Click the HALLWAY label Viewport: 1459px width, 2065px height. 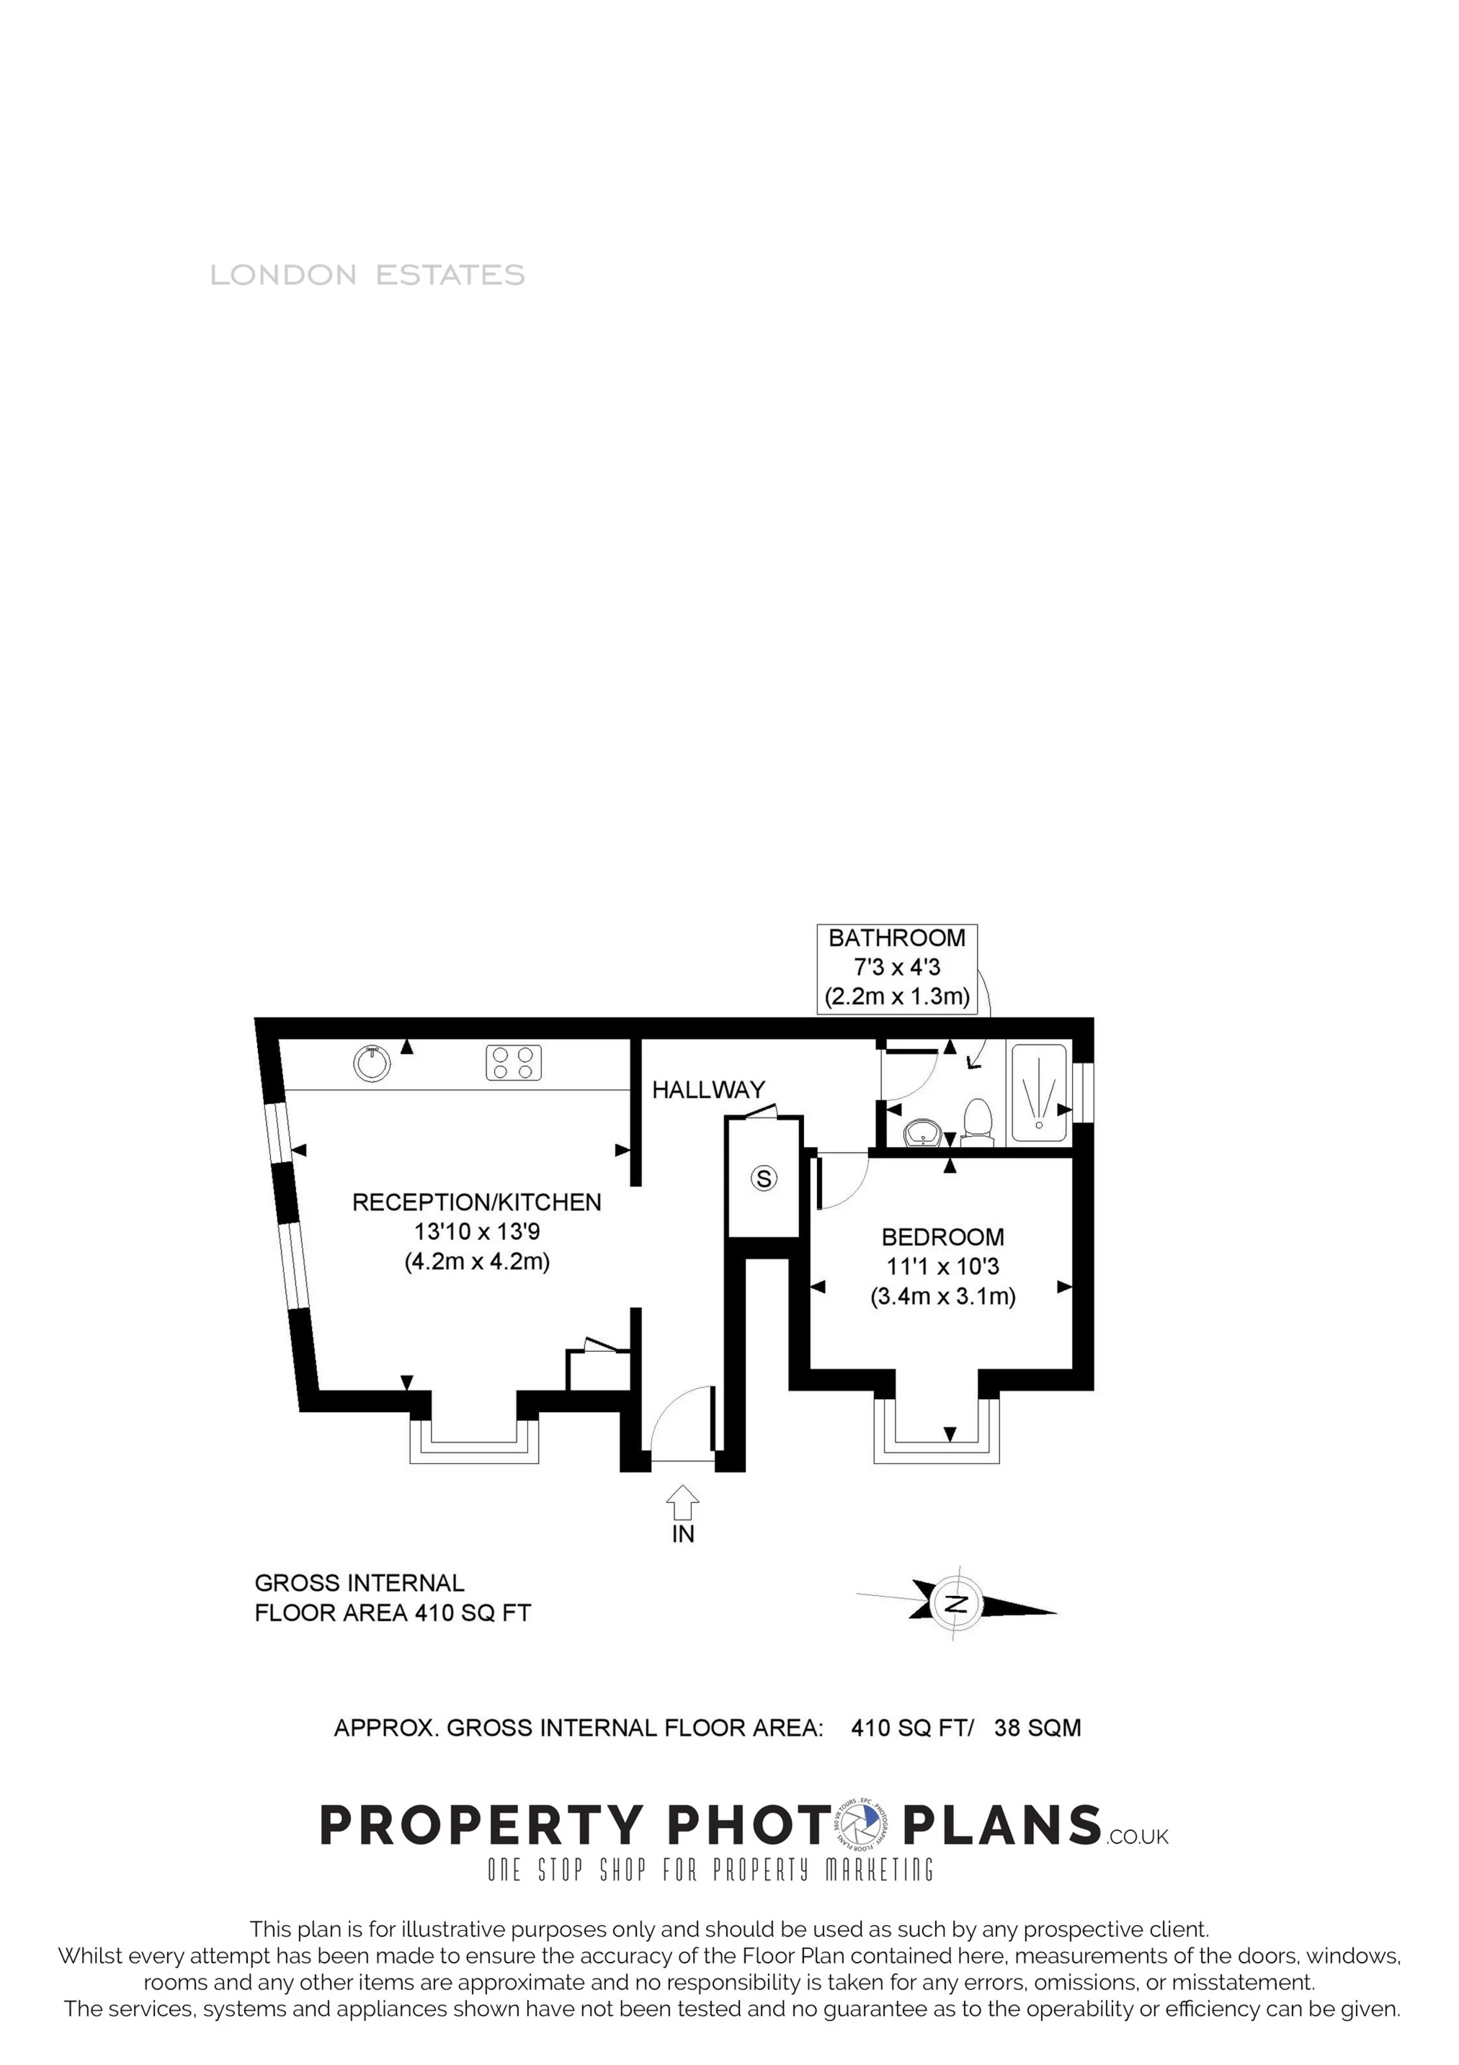point(708,1090)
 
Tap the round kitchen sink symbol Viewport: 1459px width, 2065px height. point(372,1063)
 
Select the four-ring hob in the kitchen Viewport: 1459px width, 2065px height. point(514,1062)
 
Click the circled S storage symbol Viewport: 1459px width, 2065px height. point(764,1178)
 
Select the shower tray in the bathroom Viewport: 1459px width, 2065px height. point(1040,1094)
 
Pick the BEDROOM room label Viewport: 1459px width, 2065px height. point(942,1238)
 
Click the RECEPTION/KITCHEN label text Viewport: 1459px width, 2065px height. point(477,1203)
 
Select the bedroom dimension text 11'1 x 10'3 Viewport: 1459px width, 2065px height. point(942,1267)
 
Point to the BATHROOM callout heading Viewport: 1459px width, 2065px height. point(897,938)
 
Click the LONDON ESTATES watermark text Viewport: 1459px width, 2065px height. point(367,275)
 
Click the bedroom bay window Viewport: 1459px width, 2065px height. point(937,1437)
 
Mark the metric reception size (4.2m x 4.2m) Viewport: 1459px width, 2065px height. point(477,1262)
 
